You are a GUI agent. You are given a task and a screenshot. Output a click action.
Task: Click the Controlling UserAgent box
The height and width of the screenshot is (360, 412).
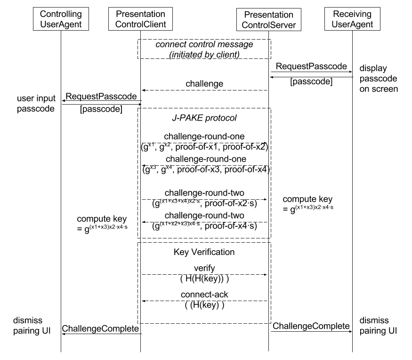61,19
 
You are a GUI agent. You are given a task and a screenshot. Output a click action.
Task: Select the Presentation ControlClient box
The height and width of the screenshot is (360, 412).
141,19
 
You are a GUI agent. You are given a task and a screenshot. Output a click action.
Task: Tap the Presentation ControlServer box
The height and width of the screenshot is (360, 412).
269,20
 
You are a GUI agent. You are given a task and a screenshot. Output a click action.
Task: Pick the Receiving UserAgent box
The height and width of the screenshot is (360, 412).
352,19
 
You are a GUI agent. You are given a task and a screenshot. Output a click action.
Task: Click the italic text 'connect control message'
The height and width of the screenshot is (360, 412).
204,44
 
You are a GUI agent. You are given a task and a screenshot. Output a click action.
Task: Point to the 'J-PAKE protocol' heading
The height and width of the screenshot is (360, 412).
204,118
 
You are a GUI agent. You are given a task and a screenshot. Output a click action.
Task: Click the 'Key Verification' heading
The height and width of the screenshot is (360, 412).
204,252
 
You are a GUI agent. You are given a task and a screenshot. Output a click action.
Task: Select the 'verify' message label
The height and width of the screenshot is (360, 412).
204,268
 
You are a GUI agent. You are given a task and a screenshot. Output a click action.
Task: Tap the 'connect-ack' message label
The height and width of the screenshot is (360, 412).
204,294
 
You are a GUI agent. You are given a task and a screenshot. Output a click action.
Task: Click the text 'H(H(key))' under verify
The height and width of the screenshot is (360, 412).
204,278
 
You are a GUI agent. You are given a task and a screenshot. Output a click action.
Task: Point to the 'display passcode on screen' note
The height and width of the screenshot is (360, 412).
379,78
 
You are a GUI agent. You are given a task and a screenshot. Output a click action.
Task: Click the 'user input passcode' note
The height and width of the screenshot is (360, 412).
36,103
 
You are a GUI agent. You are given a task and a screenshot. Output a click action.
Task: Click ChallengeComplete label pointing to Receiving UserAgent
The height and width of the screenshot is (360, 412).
311,326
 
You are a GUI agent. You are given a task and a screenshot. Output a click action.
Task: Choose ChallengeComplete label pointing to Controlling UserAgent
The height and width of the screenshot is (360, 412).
100,329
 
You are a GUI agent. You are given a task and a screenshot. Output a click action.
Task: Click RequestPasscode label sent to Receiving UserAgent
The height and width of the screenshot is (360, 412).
311,66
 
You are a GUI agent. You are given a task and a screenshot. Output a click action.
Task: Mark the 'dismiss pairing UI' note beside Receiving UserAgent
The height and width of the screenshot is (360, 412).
378,326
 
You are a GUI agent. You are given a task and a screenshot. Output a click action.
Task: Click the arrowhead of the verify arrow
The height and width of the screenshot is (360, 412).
266,275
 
